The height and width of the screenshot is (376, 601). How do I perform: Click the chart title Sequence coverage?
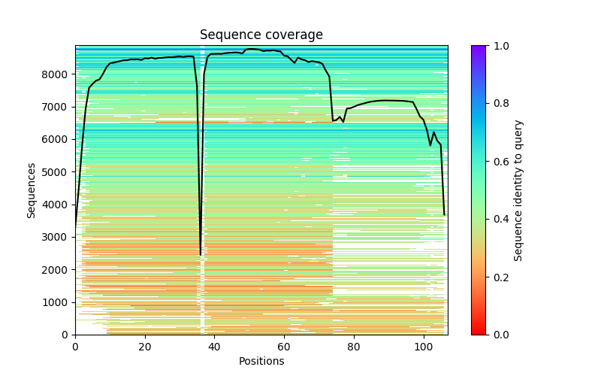coord(261,35)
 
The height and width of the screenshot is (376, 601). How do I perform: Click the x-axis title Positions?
coord(261,361)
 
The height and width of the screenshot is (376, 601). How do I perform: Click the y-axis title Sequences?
coord(32,190)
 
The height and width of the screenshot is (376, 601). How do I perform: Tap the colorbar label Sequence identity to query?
coord(518,190)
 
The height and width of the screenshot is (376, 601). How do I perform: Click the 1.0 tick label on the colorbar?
coord(500,46)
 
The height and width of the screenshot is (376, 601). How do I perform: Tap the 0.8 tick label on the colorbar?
coord(500,104)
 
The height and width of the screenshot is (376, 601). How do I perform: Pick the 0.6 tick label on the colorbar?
coord(500,162)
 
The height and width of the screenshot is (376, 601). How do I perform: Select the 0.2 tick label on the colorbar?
coord(500,277)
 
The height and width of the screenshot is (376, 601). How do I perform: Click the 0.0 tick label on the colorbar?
coord(500,335)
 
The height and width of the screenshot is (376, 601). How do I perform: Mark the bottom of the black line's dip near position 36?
coord(201,254)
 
